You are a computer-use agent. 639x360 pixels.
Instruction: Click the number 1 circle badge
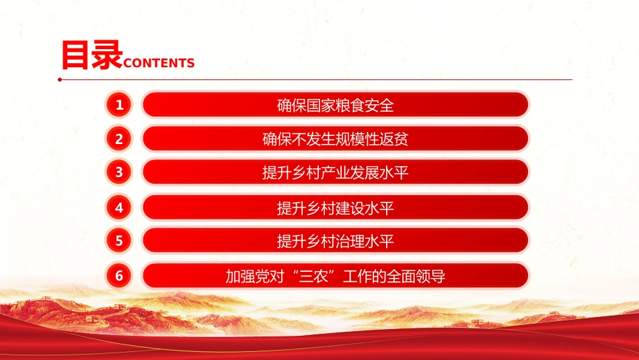pyautogui.click(x=119, y=105)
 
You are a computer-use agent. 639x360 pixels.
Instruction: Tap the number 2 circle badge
pyautogui.click(x=119, y=139)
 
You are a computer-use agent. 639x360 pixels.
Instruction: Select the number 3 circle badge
pyautogui.click(x=119, y=172)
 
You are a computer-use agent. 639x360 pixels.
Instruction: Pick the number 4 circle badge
pyautogui.click(x=119, y=207)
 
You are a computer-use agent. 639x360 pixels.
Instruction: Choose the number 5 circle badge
pyautogui.click(x=119, y=240)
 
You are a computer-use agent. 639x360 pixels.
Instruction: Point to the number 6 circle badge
pyautogui.click(x=119, y=276)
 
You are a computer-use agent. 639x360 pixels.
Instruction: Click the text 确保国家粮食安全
pyautogui.click(x=336, y=106)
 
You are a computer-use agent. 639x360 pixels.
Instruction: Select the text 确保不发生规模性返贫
pyautogui.click(x=336, y=139)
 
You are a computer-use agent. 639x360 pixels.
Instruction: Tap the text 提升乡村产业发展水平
pyautogui.click(x=336, y=173)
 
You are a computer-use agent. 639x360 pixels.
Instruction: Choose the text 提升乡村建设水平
pyautogui.click(x=336, y=209)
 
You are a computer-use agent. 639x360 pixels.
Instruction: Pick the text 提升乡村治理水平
pyautogui.click(x=336, y=242)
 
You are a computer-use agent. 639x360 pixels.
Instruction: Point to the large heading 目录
pyautogui.click(x=91, y=55)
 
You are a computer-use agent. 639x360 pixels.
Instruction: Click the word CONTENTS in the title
pyautogui.click(x=159, y=63)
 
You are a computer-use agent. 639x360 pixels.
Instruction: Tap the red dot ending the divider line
pyautogui.click(x=60, y=79)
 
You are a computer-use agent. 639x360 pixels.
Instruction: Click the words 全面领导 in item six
pyautogui.click(x=416, y=277)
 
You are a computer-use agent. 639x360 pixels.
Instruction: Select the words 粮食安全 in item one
pyautogui.click(x=365, y=106)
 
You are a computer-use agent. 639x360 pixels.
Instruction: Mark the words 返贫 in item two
pyautogui.click(x=394, y=139)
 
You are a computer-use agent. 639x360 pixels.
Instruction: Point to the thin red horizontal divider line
pyautogui.click(x=316, y=79)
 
